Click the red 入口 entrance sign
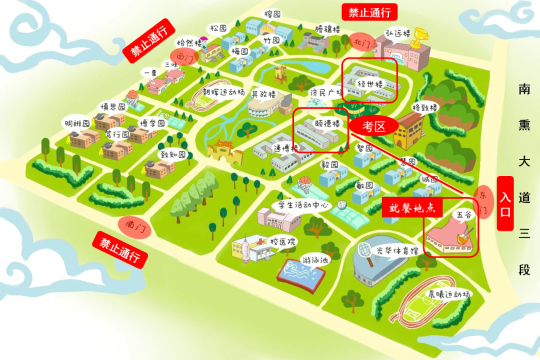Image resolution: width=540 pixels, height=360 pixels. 505,203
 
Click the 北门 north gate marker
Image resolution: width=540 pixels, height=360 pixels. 361,43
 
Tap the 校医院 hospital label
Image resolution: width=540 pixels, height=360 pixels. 282,241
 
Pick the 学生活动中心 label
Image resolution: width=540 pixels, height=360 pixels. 302,205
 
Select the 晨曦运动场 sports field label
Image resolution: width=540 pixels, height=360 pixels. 448,294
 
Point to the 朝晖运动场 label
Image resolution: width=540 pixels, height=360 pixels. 223,92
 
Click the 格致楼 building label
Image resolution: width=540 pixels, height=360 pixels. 424,107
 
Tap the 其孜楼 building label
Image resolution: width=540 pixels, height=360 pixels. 263,93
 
